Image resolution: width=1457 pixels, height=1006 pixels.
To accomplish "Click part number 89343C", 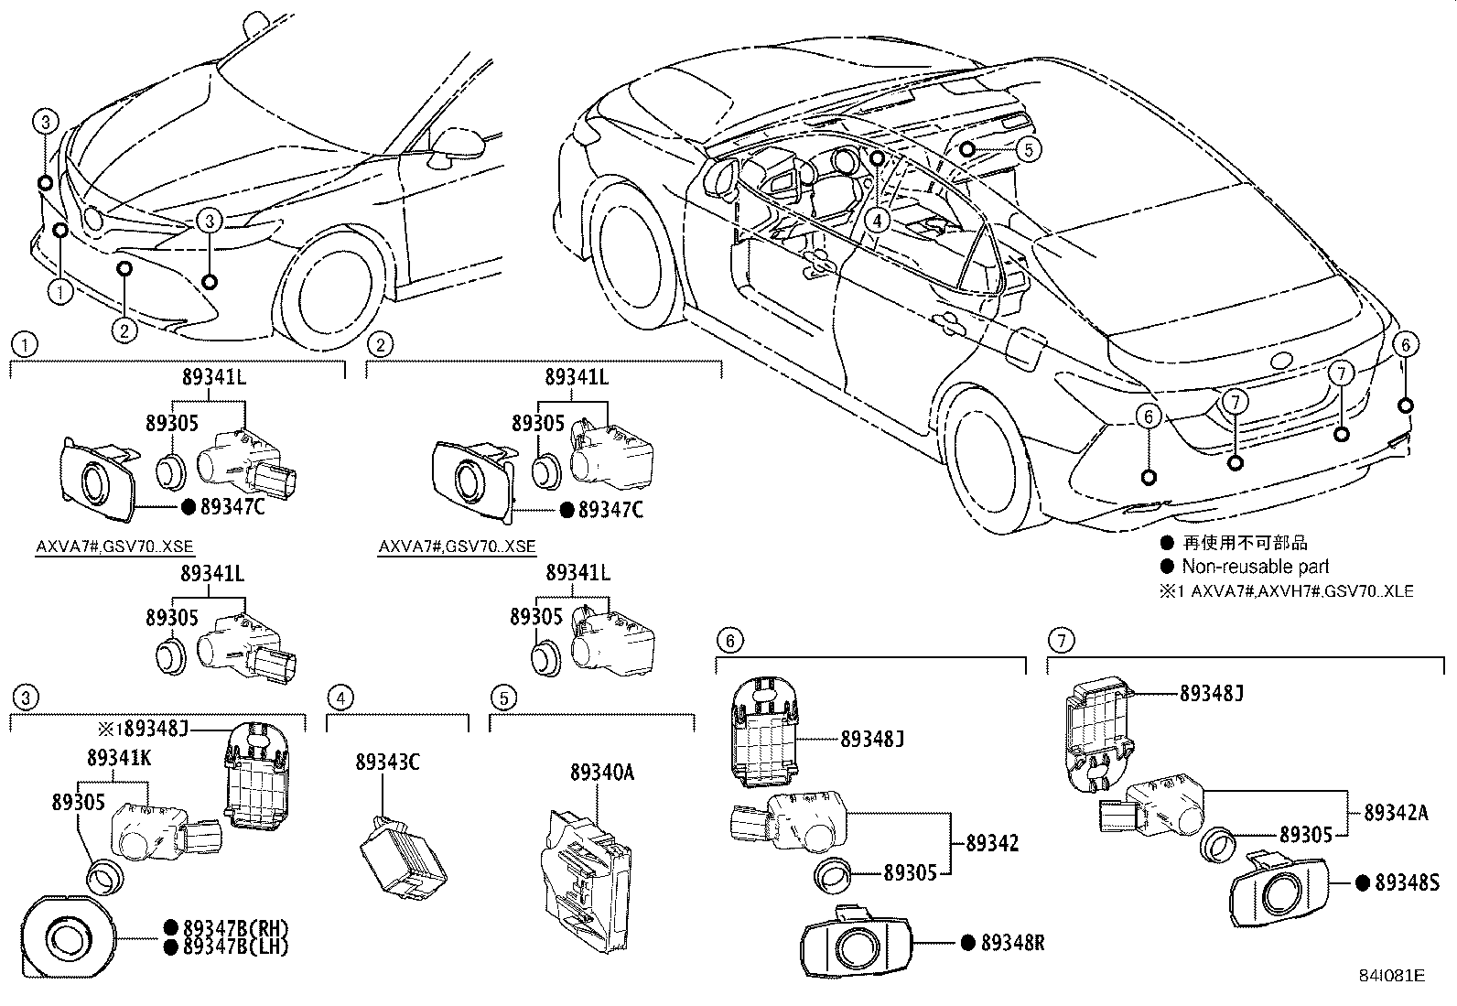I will (x=387, y=762).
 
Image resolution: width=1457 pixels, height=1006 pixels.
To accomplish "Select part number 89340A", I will (x=601, y=772).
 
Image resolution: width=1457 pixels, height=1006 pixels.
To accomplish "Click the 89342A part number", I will (x=1396, y=812).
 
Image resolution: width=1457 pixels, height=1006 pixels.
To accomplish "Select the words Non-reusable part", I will (x=1255, y=567).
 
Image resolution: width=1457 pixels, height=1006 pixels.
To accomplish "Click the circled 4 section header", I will (x=340, y=698).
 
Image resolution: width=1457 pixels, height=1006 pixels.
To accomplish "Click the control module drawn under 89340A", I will (x=587, y=879).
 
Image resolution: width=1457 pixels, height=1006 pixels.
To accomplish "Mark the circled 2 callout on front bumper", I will (x=124, y=329).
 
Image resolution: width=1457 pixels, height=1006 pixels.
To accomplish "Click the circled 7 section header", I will (x=1061, y=640).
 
